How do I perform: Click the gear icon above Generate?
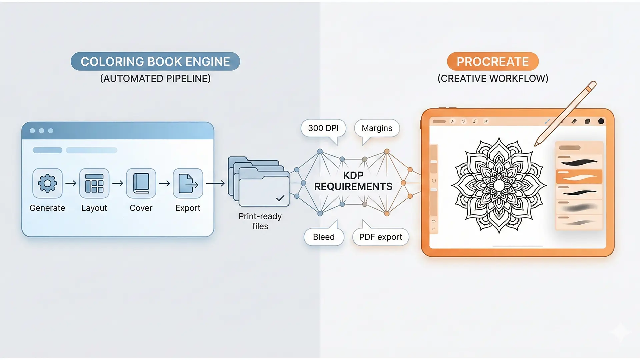[x=47, y=183]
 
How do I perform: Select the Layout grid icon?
[x=94, y=183]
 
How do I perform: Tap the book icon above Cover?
[x=141, y=183]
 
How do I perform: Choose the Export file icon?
[x=188, y=183]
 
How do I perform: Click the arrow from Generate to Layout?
[x=71, y=183]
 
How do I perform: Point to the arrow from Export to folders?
[x=215, y=183]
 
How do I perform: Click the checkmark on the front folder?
[x=280, y=198]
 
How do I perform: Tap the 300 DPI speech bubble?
[x=323, y=128]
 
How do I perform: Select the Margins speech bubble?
[x=377, y=128]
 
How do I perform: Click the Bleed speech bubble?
[x=324, y=237]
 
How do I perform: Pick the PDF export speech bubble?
[x=381, y=237]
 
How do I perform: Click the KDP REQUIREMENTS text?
[x=353, y=181]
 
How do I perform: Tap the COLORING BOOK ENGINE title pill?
[x=155, y=61]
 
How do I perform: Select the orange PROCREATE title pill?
[x=493, y=61]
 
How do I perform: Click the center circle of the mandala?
[x=499, y=186]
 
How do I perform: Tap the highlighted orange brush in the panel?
[x=579, y=177]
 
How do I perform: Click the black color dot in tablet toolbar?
[x=601, y=121]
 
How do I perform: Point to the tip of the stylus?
[x=535, y=145]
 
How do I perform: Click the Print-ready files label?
[x=260, y=221]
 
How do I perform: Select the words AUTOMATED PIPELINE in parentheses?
[x=155, y=79]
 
